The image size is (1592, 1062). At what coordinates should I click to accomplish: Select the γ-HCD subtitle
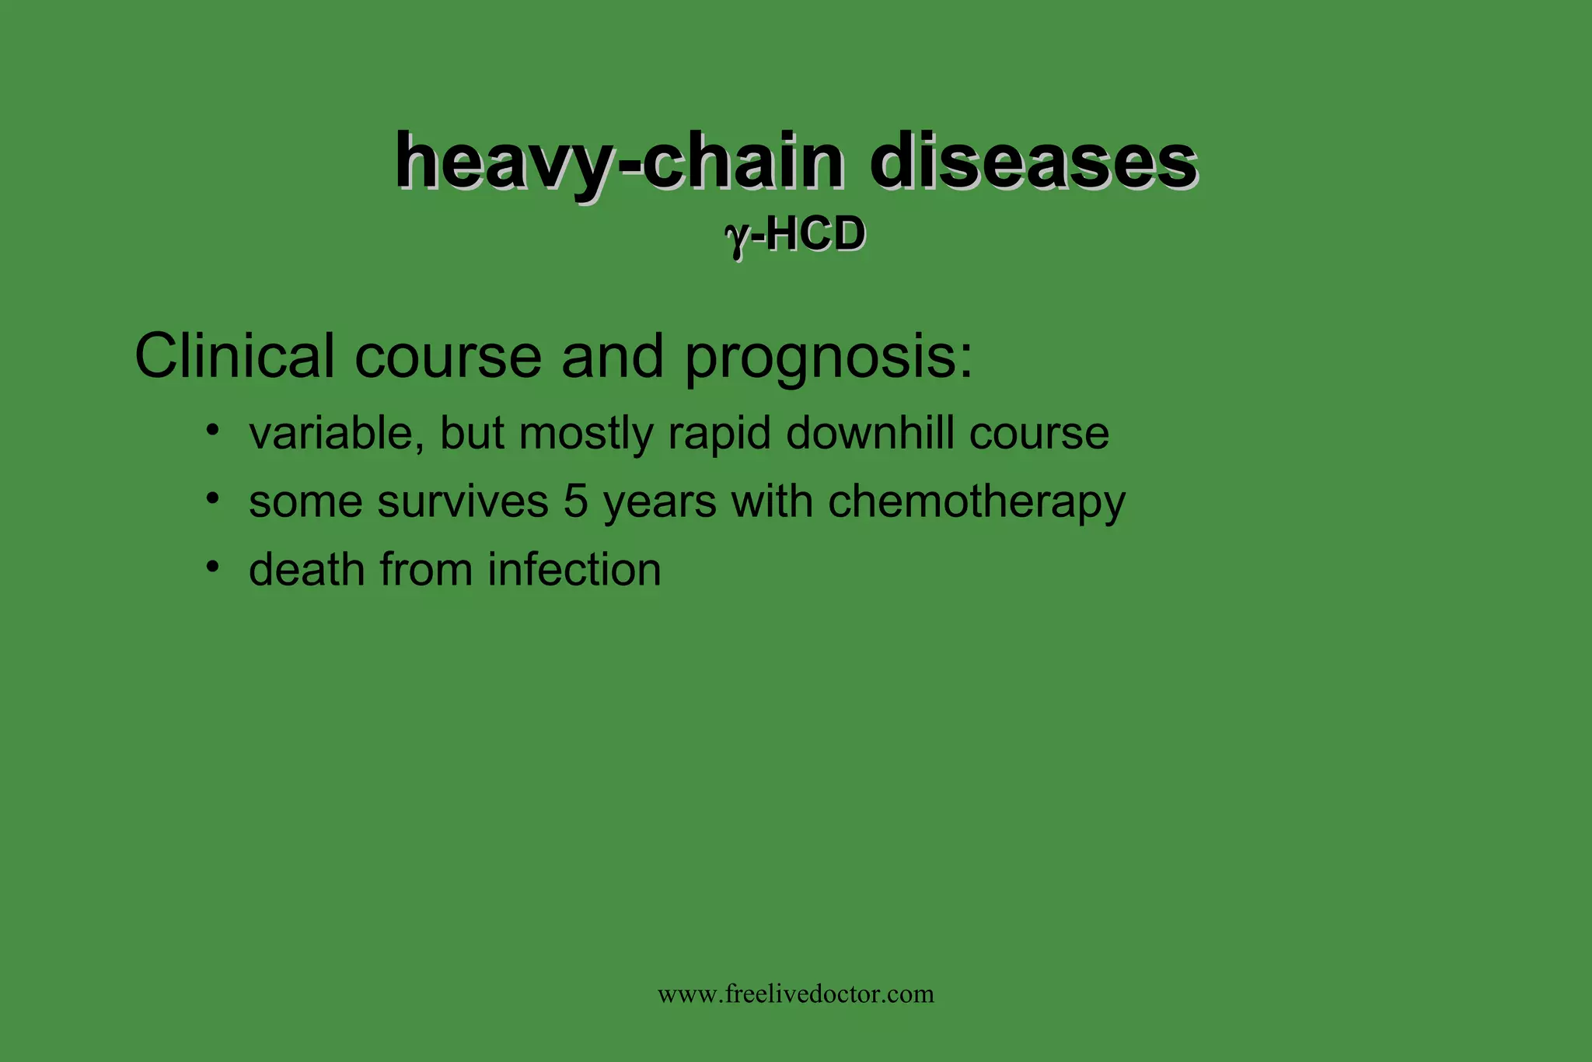[x=795, y=235]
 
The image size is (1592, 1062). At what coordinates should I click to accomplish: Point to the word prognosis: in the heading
[x=829, y=358]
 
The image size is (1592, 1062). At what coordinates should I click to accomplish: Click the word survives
[x=463, y=501]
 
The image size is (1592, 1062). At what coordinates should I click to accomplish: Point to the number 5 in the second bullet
[x=575, y=501]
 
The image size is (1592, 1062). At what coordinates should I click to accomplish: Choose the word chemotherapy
[x=976, y=502]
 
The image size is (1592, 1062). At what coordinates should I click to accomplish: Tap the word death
[x=307, y=570]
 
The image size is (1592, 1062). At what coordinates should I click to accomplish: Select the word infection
[x=574, y=570]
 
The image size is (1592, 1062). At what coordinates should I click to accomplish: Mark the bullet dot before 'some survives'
[x=213, y=497]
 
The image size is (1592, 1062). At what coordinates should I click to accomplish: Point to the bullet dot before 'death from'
[x=213, y=565]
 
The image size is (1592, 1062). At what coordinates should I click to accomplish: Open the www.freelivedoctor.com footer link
[x=796, y=994]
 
